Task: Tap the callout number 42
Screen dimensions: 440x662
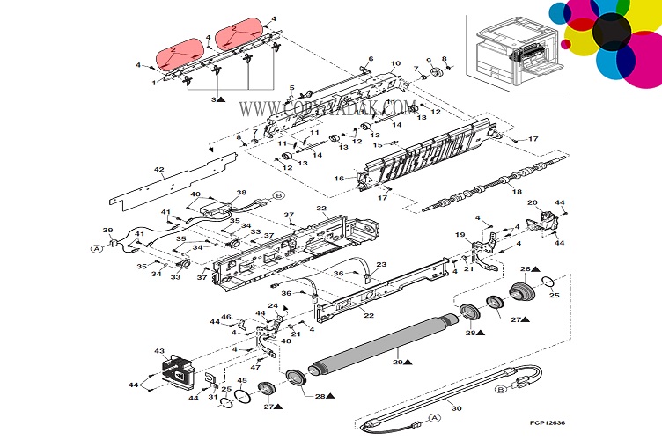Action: (159, 169)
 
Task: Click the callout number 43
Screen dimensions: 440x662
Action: (159, 351)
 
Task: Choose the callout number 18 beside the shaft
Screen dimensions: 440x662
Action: (517, 192)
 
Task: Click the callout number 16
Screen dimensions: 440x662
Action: (338, 179)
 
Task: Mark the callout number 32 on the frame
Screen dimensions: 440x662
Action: (322, 210)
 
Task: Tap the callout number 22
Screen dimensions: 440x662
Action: (368, 314)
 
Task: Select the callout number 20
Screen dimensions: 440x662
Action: (533, 202)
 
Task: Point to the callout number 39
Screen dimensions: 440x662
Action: (108, 231)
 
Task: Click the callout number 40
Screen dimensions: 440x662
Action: (195, 195)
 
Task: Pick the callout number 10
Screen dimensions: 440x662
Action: (395, 63)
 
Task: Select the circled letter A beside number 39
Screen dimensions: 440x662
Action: (96, 248)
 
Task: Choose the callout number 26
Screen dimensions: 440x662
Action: (523, 268)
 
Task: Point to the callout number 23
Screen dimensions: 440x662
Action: (381, 264)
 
